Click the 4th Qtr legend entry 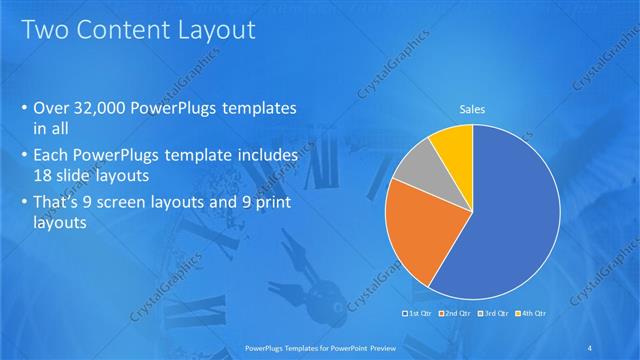[x=530, y=314]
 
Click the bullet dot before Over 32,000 [x=24, y=108]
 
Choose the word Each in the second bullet [x=51, y=156]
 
